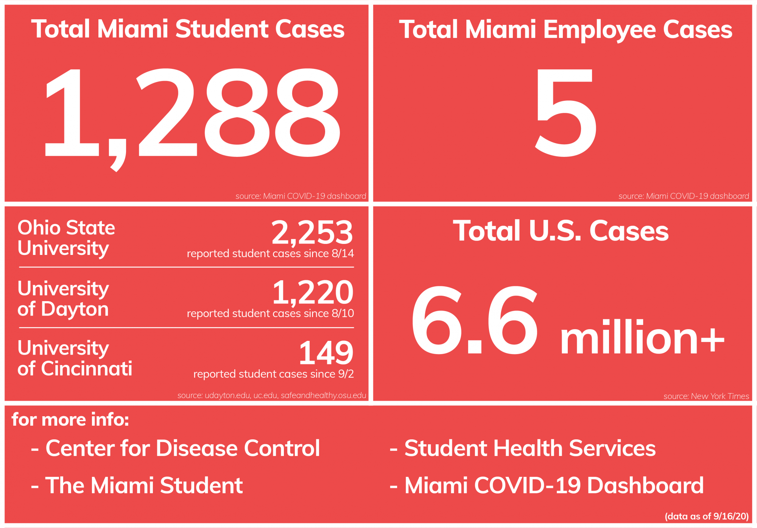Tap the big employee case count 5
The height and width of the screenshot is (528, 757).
565,113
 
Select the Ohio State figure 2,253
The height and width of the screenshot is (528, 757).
312,232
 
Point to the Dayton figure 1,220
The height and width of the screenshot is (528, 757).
313,292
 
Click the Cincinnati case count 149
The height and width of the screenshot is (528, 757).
326,353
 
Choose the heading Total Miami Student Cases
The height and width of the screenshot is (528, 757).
188,29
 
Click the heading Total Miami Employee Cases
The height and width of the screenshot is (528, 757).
565,30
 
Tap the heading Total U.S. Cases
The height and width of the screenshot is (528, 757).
561,231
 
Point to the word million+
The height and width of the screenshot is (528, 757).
642,337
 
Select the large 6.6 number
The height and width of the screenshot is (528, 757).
475,320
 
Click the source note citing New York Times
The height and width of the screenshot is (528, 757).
706,396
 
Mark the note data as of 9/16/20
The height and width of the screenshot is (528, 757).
706,516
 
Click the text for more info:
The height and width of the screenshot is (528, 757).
70,420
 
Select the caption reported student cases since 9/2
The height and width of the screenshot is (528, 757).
273,374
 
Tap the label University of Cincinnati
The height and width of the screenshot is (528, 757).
75,358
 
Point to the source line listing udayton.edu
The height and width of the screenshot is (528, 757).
271,395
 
